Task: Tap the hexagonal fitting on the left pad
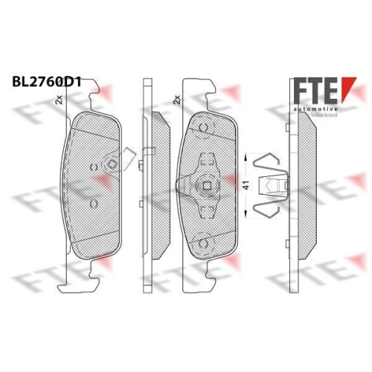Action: pos(112,165)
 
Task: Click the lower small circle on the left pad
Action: pos(94,202)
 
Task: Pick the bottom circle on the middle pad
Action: pos(201,240)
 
